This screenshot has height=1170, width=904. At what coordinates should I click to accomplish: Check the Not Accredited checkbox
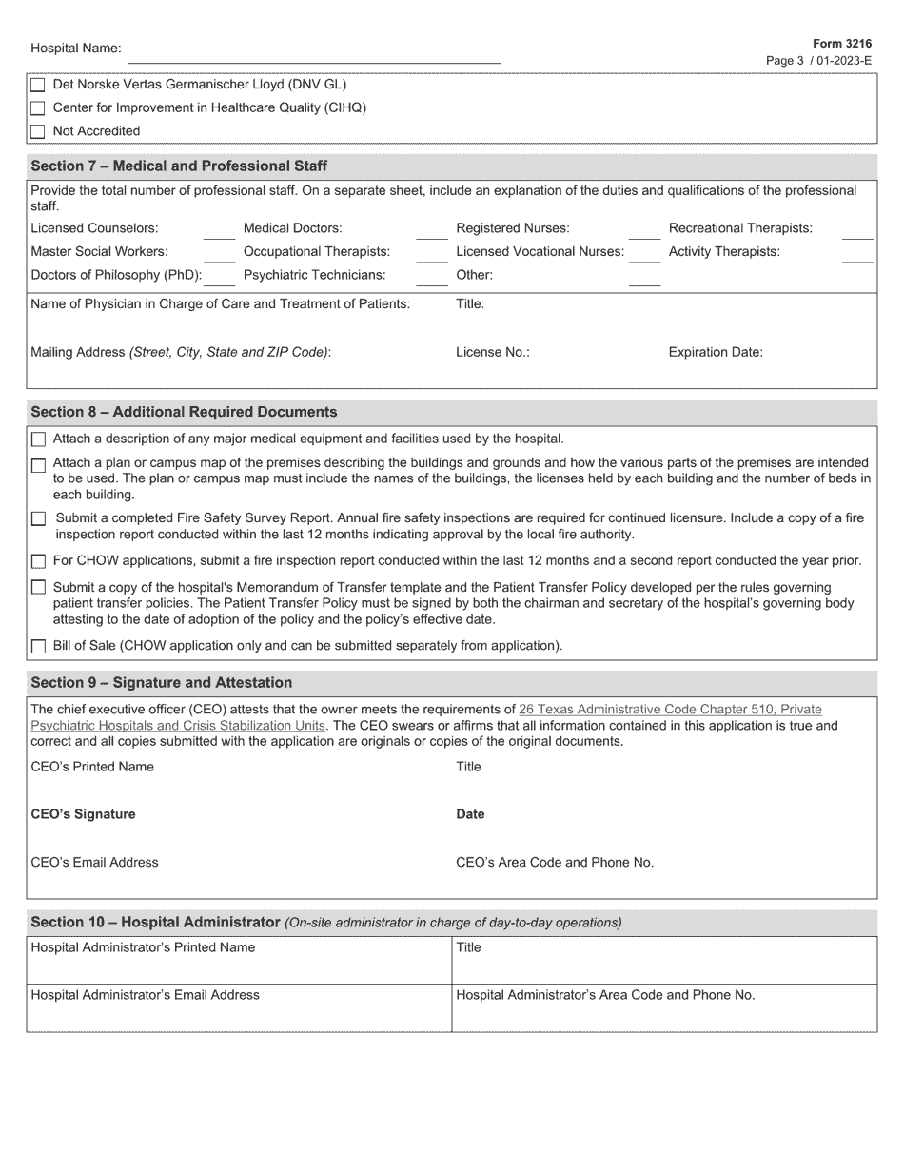38,131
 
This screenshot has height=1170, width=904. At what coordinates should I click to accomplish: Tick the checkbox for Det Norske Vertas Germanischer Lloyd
38,85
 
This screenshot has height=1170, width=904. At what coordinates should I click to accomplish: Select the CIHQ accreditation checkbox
38,108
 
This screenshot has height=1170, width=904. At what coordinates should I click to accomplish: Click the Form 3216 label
841,44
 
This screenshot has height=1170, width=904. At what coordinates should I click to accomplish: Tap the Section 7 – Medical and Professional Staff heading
179,166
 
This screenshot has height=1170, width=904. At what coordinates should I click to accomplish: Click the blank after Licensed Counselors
219,230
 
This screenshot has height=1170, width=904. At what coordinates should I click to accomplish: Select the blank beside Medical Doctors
431,230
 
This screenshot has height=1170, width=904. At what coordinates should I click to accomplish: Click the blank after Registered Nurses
644,230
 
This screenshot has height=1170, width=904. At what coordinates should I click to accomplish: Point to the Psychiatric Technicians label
314,275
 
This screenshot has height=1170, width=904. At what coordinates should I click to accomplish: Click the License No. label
492,352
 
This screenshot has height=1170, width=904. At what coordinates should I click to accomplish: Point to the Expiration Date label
716,352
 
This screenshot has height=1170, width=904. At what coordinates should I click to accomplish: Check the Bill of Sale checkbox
38,647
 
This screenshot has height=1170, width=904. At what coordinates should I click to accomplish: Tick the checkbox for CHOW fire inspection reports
38,562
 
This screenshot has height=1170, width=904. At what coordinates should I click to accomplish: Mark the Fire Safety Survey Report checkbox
38,519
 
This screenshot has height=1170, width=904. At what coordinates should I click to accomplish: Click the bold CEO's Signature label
83,814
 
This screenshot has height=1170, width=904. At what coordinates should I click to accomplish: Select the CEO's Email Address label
94,863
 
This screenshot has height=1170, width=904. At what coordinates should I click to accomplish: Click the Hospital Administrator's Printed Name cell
238,960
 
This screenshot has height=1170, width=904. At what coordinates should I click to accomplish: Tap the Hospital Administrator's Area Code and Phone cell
663,1007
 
